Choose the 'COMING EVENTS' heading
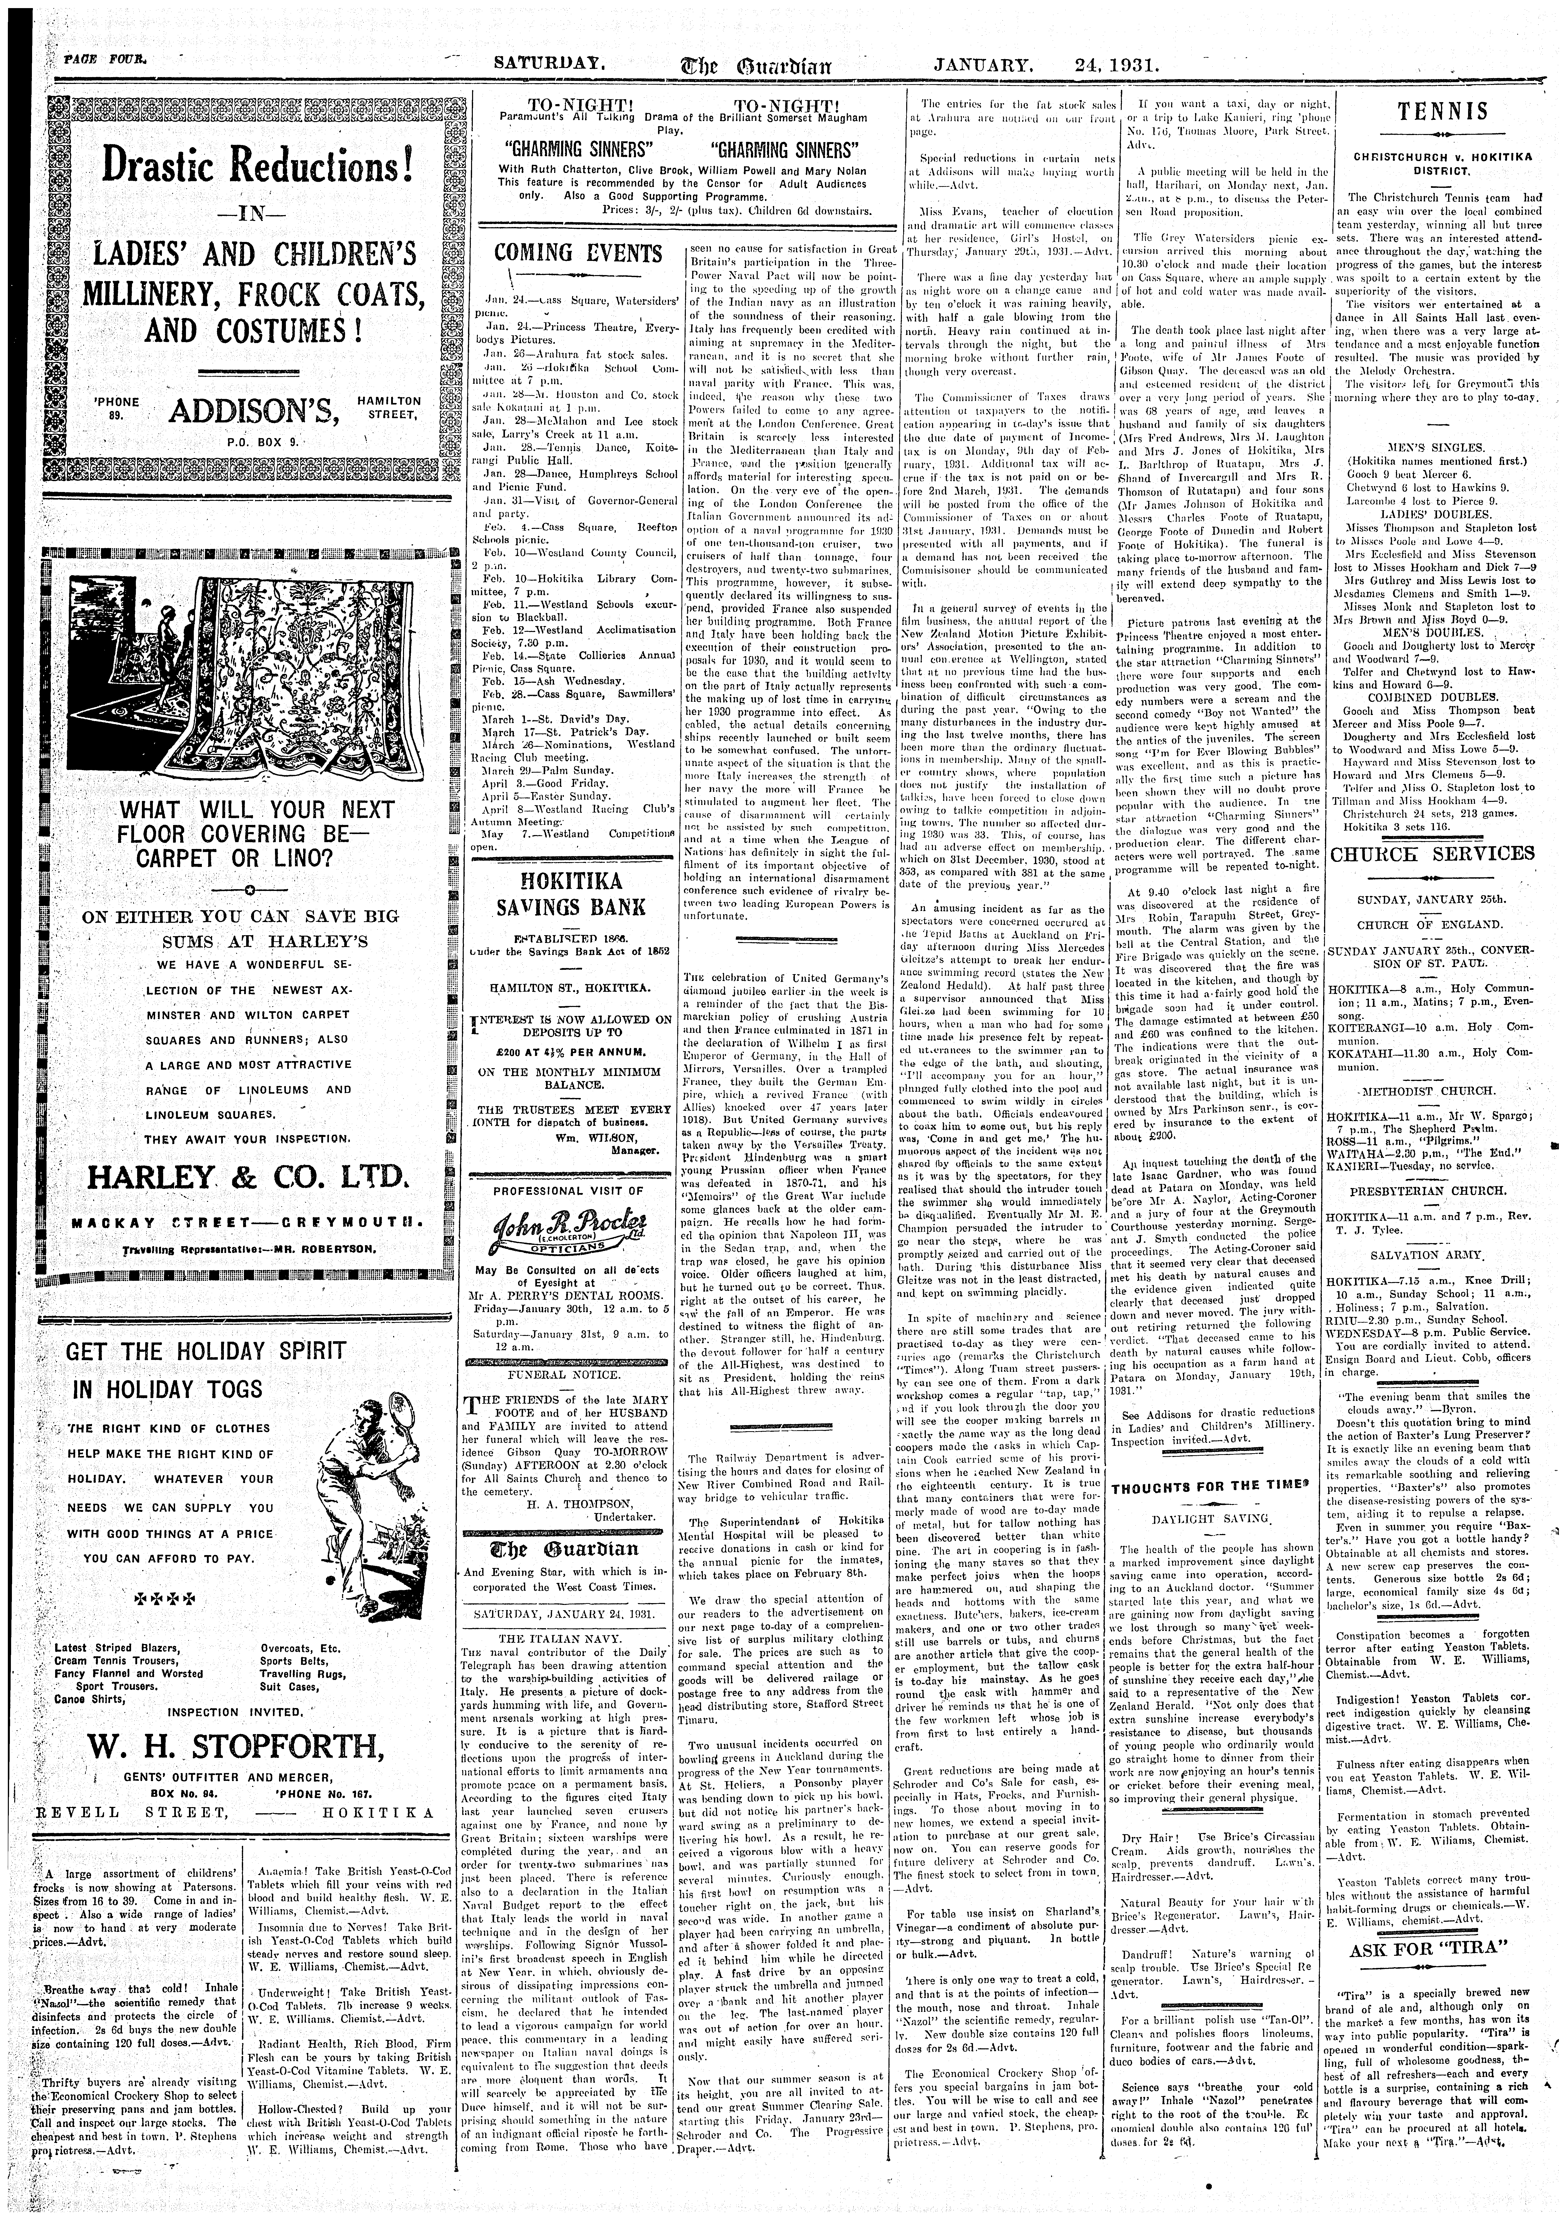click(578, 254)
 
